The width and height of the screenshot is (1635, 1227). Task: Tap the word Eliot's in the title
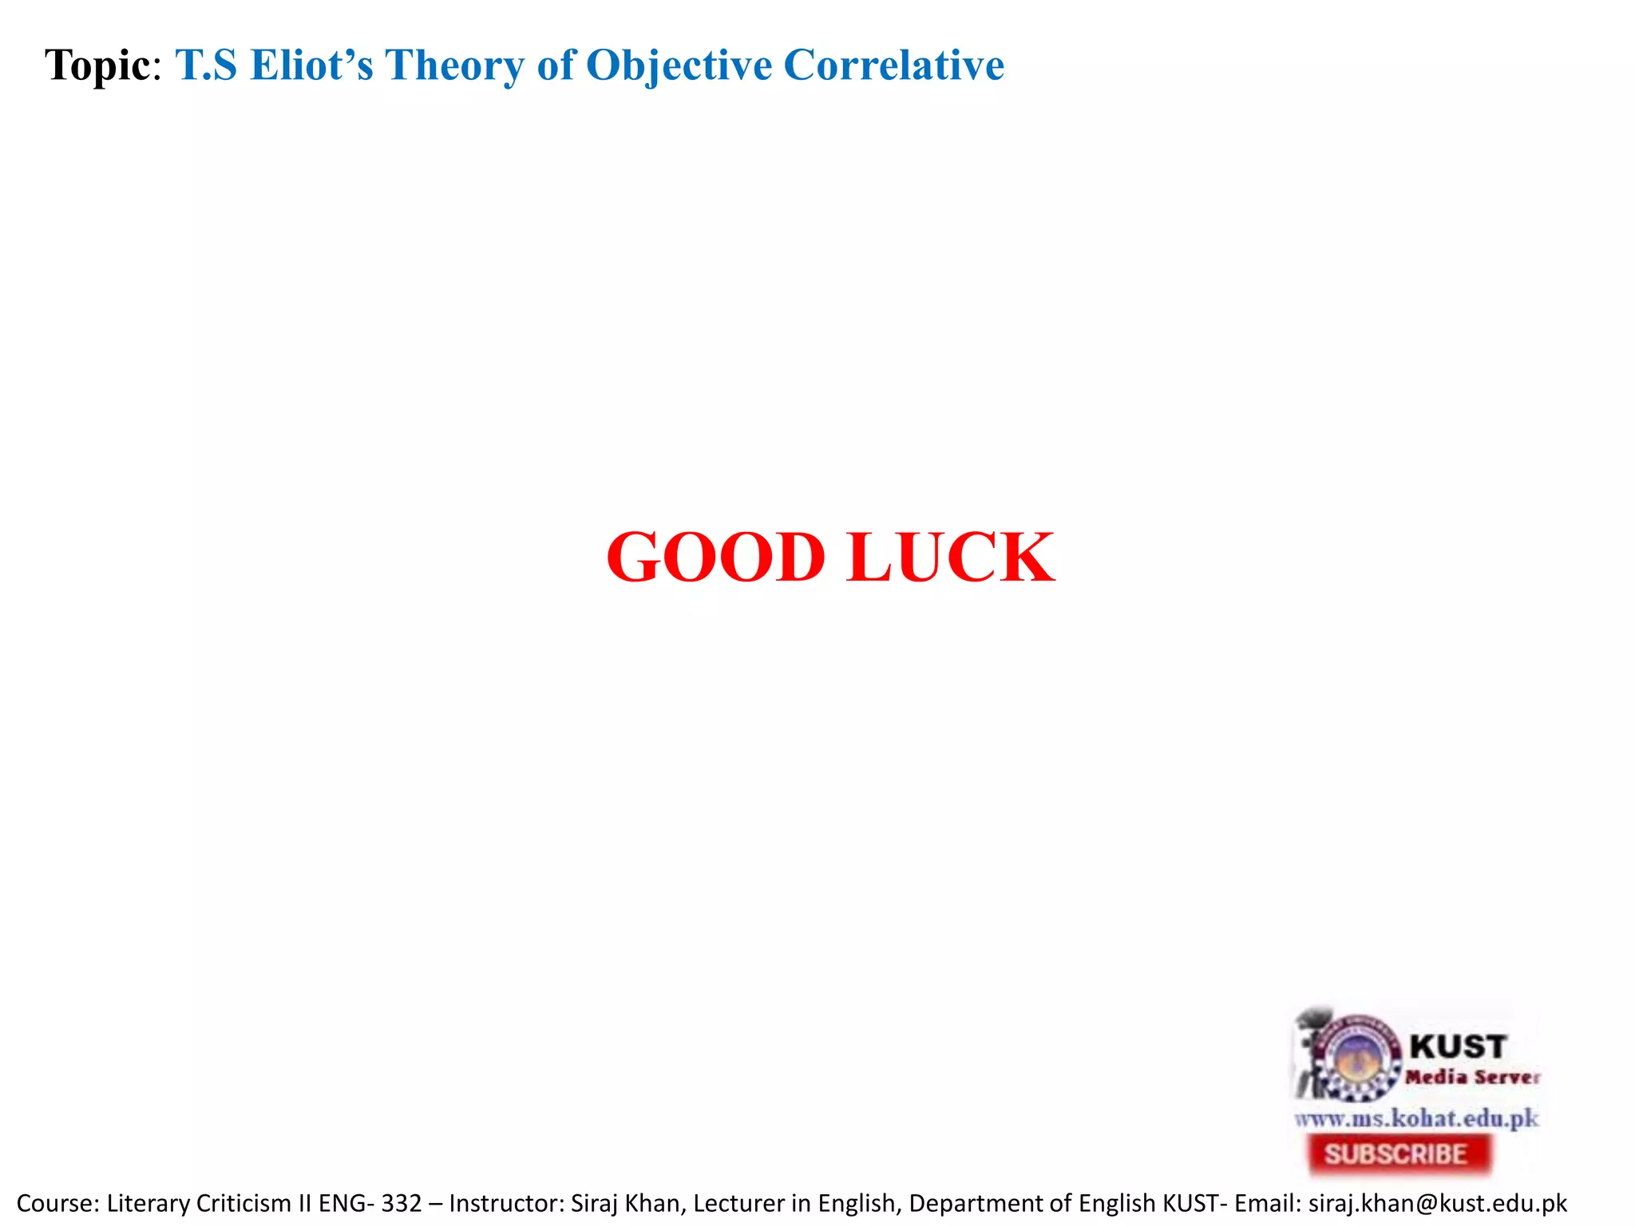[311, 66]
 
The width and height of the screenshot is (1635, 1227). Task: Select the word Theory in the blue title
[453, 66]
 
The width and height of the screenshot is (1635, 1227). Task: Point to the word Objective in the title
[679, 66]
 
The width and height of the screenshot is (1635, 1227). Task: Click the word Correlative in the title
[893, 66]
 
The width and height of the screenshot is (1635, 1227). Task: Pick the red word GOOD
[715, 558]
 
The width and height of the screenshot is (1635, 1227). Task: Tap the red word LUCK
[951, 558]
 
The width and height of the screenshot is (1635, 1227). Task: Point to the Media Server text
[1472, 1078]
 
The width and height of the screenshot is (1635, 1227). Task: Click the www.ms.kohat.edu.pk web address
[1416, 1118]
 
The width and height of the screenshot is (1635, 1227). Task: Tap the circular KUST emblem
[1357, 1057]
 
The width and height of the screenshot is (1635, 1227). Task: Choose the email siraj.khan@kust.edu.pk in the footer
[1438, 1203]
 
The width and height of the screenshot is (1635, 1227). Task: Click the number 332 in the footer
[402, 1203]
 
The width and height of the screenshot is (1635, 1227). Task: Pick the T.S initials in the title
[206, 66]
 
